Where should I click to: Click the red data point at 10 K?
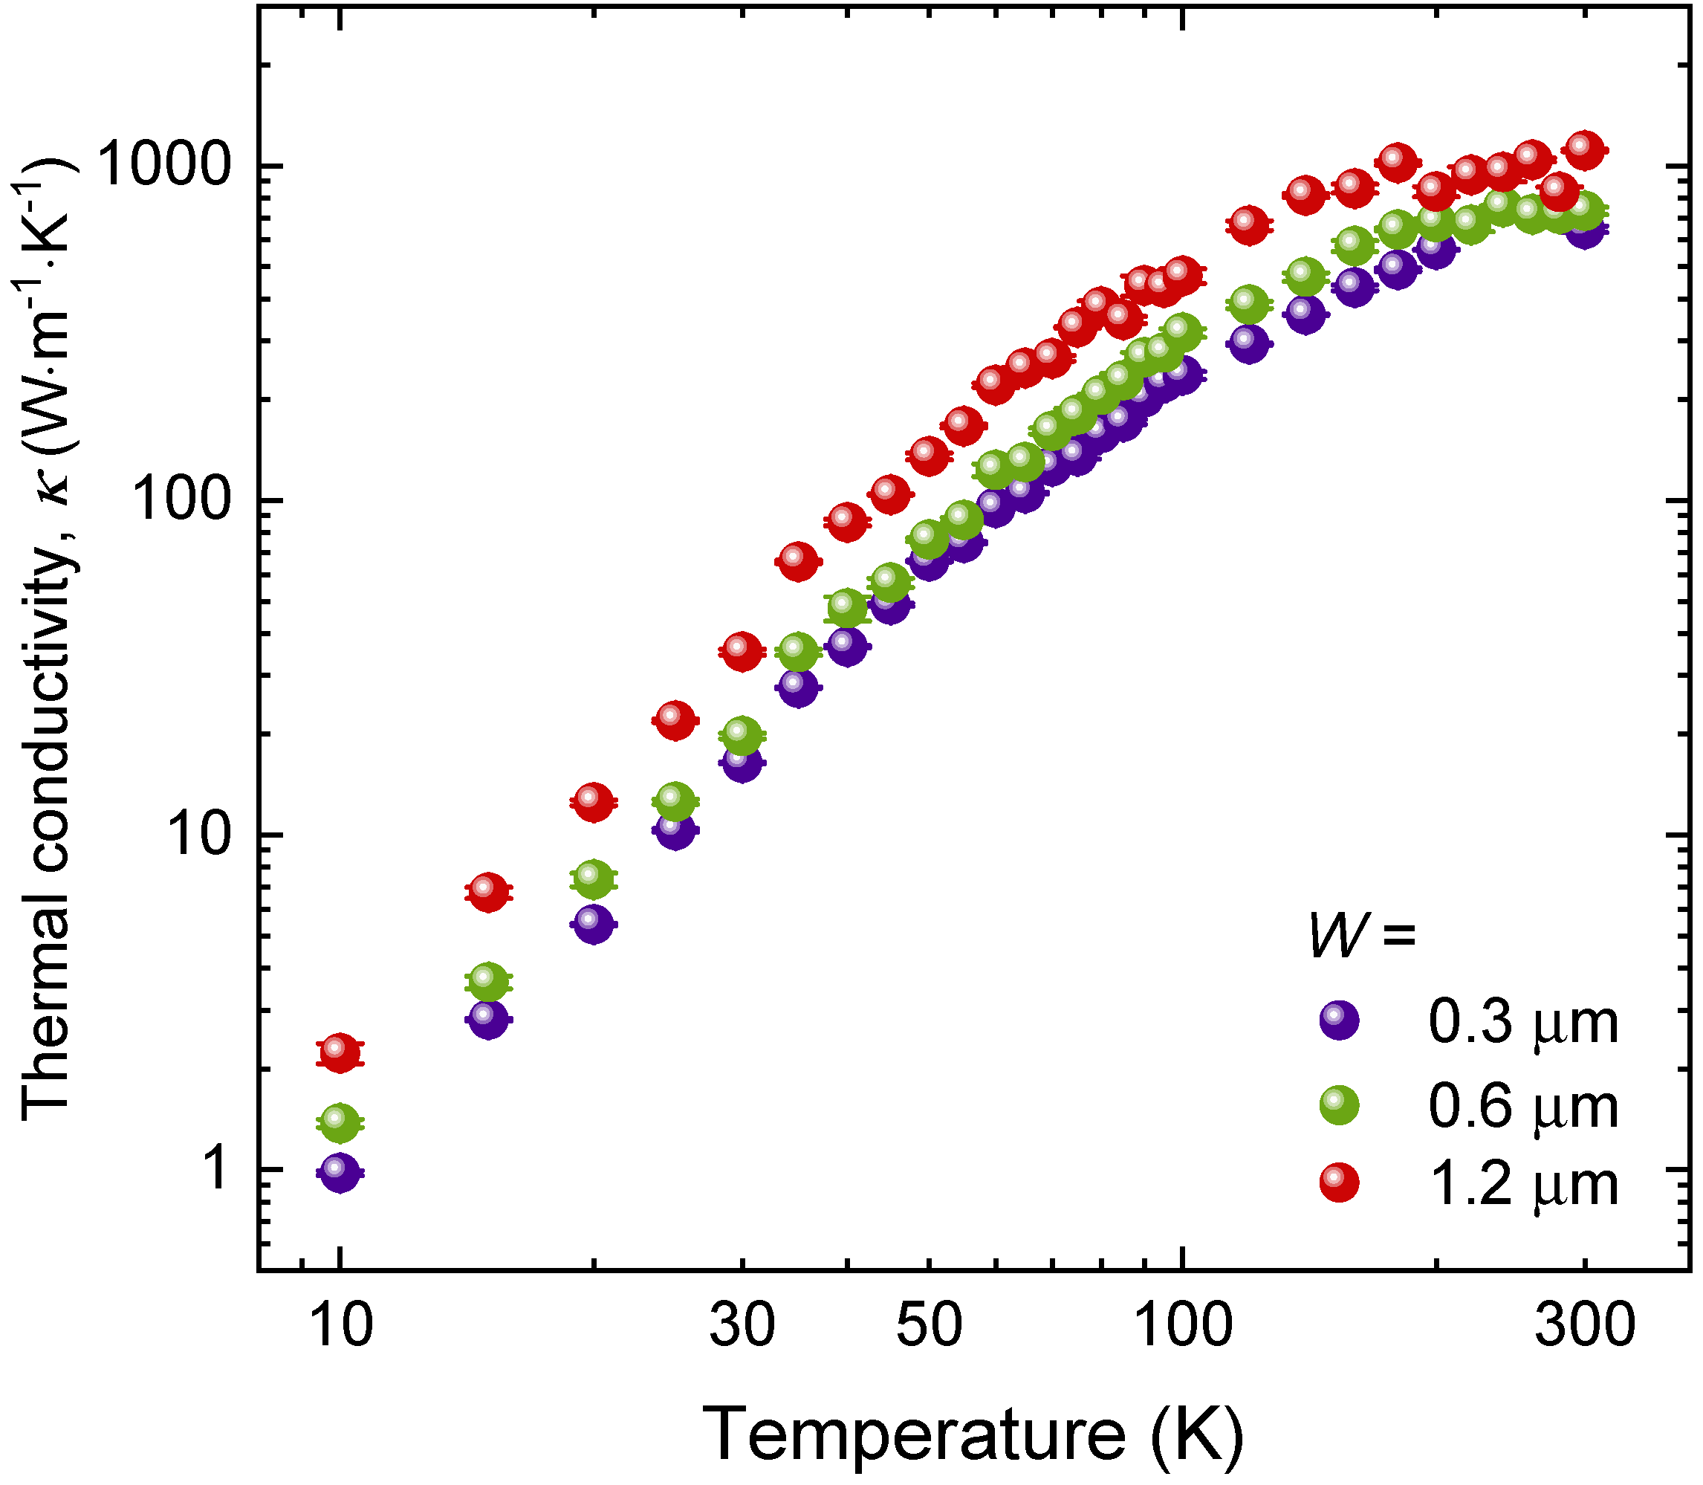click(x=340, y=1053)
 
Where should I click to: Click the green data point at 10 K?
click(x=340, y=1124)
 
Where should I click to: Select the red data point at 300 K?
click(x=1583, y=150)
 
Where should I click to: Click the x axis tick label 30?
click(x=742, y=1325)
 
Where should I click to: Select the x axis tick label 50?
click(x=929, y=1325)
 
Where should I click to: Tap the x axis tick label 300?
click(x=1583, y=1325)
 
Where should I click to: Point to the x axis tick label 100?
click(x=1181, y=1325)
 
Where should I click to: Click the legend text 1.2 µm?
click(x=1522, y=1185)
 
